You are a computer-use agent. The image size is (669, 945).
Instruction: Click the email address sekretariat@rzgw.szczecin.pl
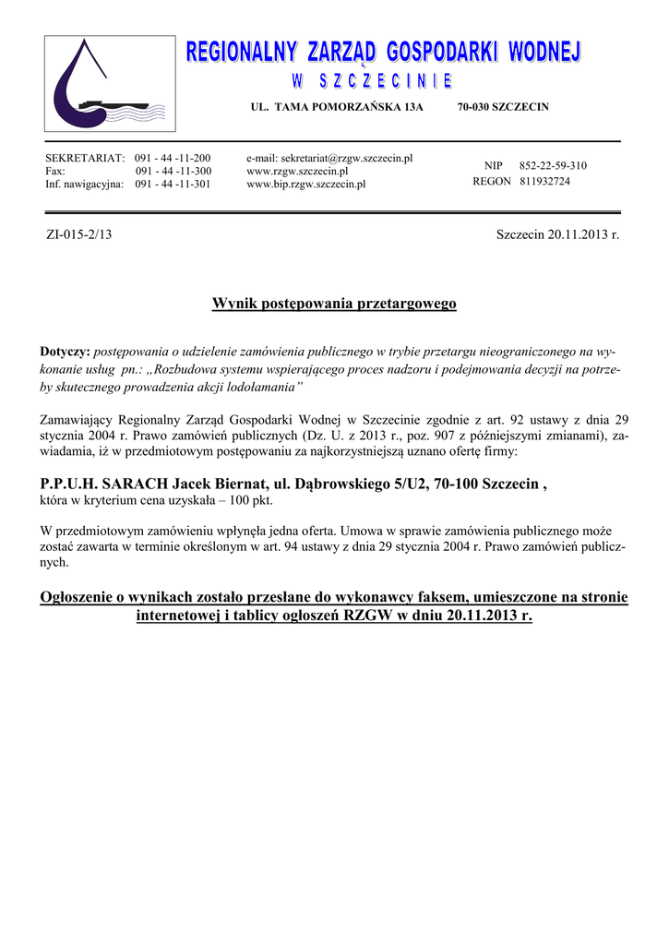click(x=329, y=159)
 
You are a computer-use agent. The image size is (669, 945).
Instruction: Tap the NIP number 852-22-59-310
click(x=553, y=166)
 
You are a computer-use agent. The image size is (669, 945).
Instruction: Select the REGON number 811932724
click(x=544, y=182)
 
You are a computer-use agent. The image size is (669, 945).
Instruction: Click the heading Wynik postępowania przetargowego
click(x=334, y=303)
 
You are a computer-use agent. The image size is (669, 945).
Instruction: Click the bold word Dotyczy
click(x=65, y=353)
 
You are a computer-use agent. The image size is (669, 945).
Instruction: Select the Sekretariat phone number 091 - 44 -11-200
click(x=173, y=159)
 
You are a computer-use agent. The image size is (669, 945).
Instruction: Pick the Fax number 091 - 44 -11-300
click(x=173, y=172)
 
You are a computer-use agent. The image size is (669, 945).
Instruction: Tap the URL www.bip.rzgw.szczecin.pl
click(x=306, y=185)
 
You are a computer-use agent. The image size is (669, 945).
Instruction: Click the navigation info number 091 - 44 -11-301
click(x=173, y=185)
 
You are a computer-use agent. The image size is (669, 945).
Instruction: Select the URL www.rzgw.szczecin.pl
click(x=297, y=172)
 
